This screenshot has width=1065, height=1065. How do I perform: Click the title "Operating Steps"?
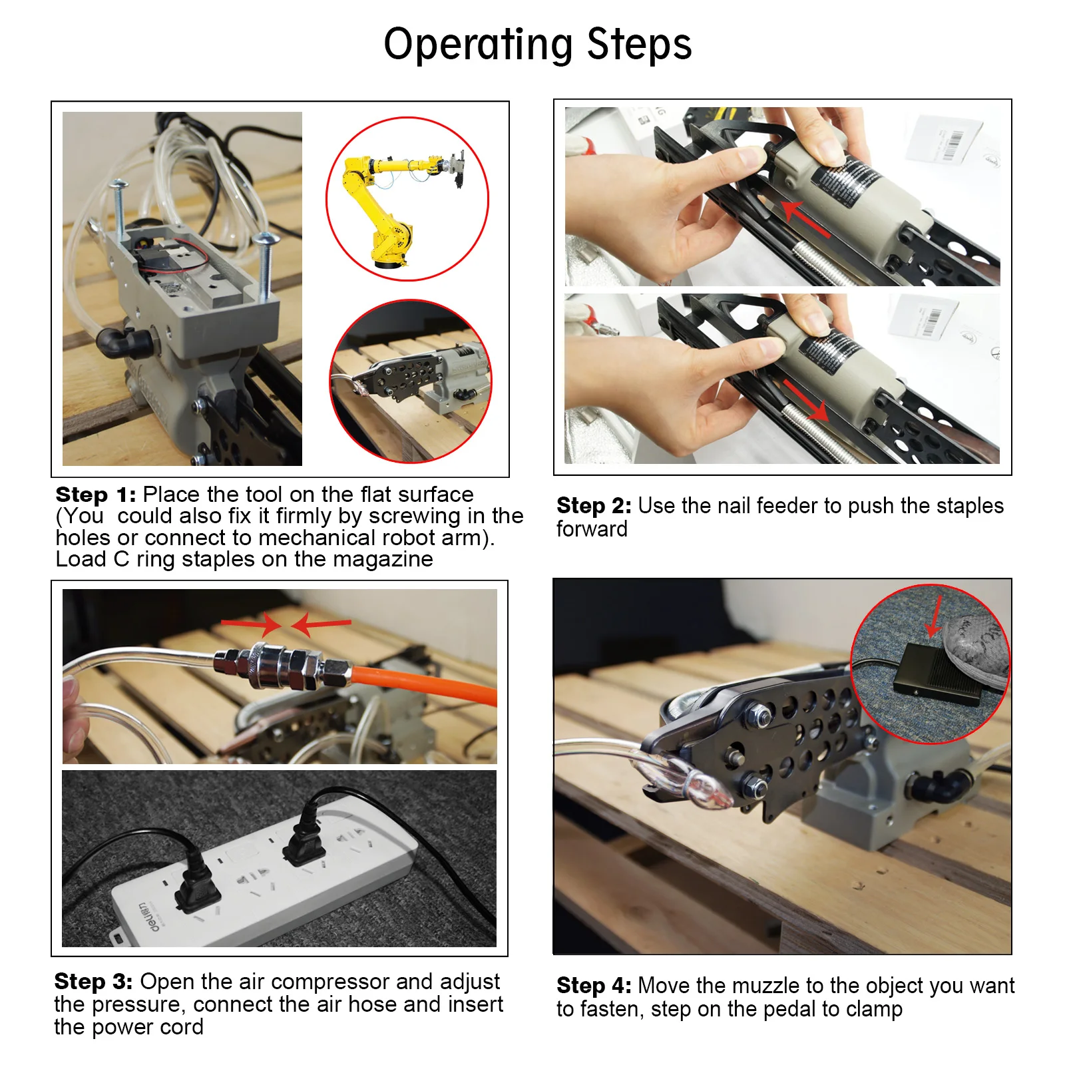pyautogui.click(x=538, y=45)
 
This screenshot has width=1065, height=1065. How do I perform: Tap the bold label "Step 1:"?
pyautogui.click(x=96, y=495)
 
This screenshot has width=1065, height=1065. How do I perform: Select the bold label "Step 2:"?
pyautogui.click(x=594, y=506)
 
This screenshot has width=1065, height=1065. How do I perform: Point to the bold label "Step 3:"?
pyautogui.click(x=93, y=982)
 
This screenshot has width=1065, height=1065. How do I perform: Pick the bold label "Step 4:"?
pyautogui.click(x=594, y=986)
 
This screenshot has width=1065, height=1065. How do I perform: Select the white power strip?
pyautogui.click(x=266, y=872)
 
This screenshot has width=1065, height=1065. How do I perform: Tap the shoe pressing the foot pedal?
pyautogui.click(x=973, y=649)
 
